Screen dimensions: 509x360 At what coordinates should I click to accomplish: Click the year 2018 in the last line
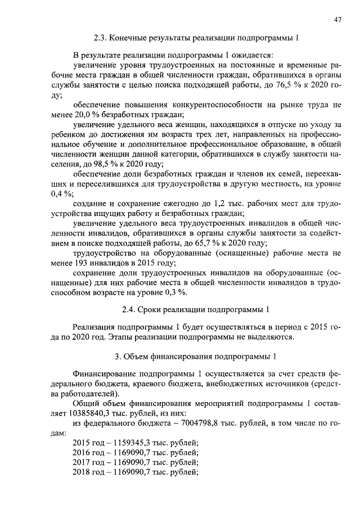(83, 472)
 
